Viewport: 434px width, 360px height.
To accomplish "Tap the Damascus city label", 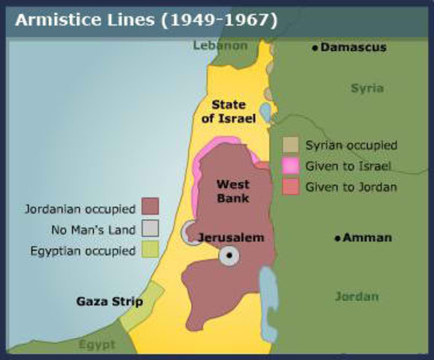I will coord(353,47).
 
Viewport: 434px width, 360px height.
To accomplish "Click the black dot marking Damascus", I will coord(315,47).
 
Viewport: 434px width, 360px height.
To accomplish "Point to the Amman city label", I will coord(367,238).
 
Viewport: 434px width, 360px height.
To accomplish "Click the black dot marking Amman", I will coord(338,238).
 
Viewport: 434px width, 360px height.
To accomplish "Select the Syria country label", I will coord(367,88).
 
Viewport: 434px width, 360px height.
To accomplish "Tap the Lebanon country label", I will coord(220,45).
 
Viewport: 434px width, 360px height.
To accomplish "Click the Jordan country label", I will coord(357,296).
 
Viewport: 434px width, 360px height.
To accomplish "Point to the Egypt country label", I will coord(97,344).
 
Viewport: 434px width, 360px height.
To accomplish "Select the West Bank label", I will coord(232,191).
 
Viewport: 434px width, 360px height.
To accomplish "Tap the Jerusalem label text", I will coord(231,238).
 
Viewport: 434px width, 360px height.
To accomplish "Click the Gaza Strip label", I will coord(109,301).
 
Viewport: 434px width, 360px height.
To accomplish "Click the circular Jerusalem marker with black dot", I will coord(229,257).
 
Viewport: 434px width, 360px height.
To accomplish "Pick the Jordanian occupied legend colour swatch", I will coord(150,207).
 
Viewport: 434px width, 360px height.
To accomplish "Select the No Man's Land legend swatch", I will coord(150,229).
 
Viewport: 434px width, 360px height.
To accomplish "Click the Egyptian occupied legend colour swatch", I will coord(150,250).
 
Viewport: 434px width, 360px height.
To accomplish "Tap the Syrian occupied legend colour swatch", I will coord(291,145).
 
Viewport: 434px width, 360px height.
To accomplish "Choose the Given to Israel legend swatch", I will coord(291,166).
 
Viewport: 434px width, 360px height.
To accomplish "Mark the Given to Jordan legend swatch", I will coord(291,187).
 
